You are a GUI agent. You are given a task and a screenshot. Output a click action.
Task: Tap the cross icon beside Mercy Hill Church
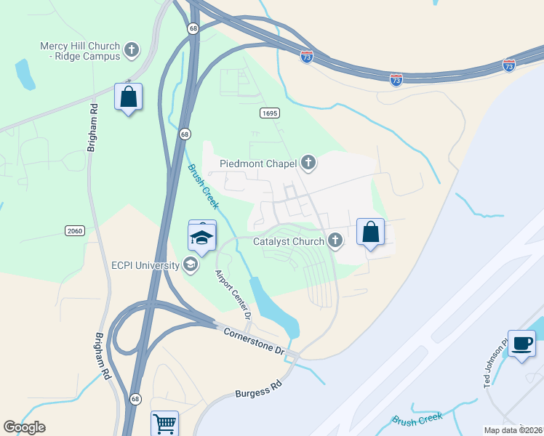132,50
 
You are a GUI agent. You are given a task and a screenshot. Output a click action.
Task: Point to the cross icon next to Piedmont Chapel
308,163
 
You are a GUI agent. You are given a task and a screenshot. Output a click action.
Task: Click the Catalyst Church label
289,241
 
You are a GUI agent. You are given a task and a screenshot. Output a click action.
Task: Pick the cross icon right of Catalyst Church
335,239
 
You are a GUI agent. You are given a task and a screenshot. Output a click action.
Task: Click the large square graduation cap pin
202,237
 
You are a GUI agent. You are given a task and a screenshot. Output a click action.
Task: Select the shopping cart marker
165,423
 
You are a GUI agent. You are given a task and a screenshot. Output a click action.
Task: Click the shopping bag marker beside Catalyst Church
371,233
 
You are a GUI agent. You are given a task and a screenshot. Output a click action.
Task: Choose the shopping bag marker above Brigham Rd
129,97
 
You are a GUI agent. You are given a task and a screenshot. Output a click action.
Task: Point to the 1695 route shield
269,113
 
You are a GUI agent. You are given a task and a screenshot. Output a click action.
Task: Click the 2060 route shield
74,230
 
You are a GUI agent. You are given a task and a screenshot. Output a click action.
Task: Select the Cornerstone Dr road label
254,340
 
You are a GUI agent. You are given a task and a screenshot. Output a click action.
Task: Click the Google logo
24,427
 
